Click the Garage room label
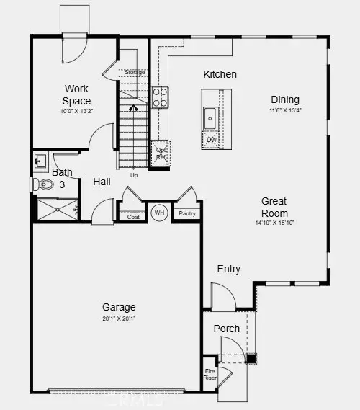(x=118, y=307)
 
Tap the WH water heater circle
(x=158, y=213)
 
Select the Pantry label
(x=187, y=213)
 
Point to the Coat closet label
(x=132, y=215)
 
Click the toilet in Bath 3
(x=45, y=184)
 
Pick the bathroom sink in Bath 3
(x=40, y=160)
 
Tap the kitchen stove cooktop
(x=160, y=97)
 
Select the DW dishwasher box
(x=211, y=140)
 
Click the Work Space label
(x=76, y=96)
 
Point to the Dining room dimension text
(x=284, y=110)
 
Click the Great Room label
(x=274, y=208)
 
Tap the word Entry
(x=229, y=269)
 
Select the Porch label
(x=227, y=329)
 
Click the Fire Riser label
(x=210, y=375)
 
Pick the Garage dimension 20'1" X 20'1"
(x=119, y=318)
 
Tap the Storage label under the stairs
(x=135, y=73)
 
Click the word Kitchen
(x=220, y=74)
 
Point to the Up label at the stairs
(x=133, y=175)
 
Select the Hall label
(x=102, y=182)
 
